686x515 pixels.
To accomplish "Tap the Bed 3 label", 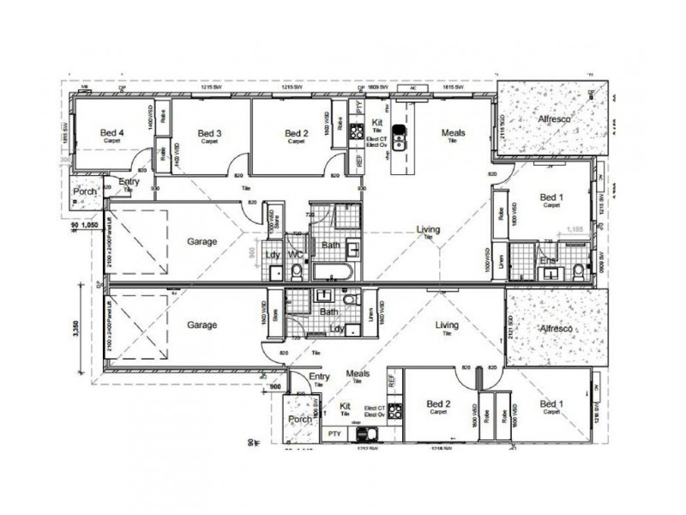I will [x=210, y=134].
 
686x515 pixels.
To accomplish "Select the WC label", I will [x=294, y=255].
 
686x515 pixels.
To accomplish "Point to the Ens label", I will [x=547, y=260].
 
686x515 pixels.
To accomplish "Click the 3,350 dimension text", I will [x=77, y=327].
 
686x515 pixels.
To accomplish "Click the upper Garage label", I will [x=202, y=242].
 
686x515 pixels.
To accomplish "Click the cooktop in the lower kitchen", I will [x=370, y=435].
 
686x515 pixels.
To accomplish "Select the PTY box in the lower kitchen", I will [x=334, y=436].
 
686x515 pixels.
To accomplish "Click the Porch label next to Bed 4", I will [x=85, y=191].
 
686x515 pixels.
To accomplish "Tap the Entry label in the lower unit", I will [x=319, y=377].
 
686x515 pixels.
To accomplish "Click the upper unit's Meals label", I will [x=453, y=133].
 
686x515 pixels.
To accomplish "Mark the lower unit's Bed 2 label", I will [x=438, y=403].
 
